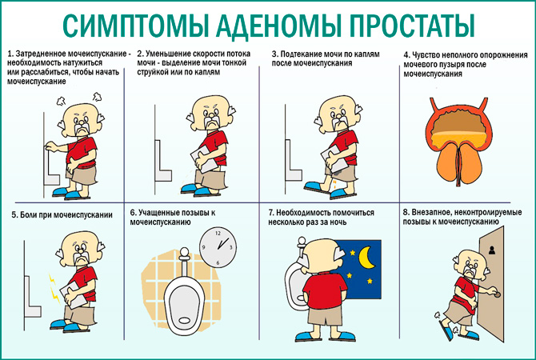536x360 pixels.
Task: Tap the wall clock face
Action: (x=218, y=247)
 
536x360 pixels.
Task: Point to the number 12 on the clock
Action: (x=218, y=234)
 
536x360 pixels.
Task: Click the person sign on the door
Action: (x=492, y=250)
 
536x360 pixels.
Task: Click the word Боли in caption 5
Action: (x=29, y=215)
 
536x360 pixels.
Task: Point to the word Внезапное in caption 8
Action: (x=430, y=212)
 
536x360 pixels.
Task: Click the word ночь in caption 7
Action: (x=338, y=222)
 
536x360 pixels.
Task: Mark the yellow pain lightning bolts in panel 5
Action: (x=54, y=288)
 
